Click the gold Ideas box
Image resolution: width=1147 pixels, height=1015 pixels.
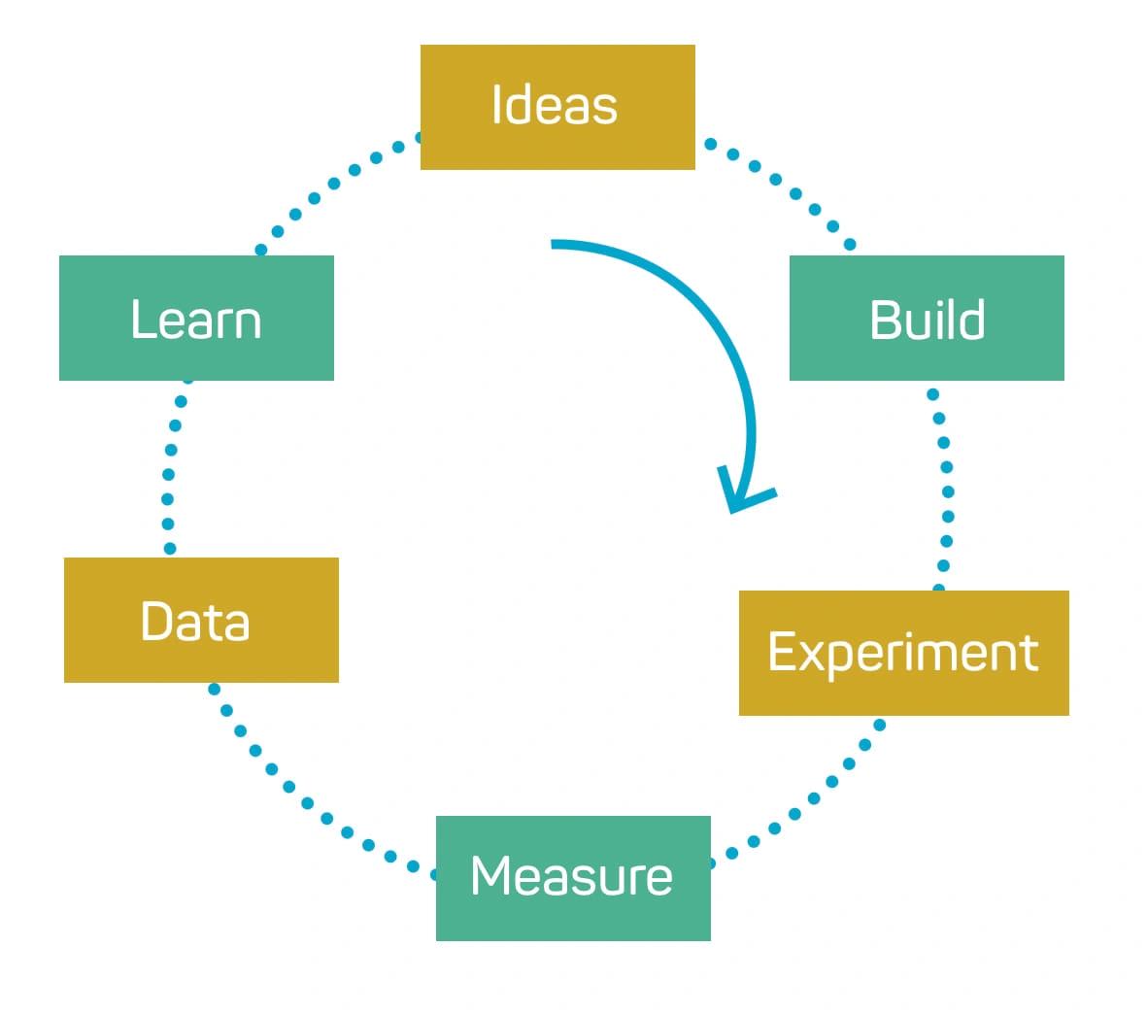coord(557,107)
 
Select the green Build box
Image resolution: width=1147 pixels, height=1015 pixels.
coord(927,318)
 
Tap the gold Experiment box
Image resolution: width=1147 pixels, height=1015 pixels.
coord(903,653)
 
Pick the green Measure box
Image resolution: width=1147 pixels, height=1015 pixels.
coord(573,878)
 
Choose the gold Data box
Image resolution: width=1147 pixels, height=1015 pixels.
coord(201,620)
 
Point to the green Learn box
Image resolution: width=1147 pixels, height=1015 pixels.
coord(196,318)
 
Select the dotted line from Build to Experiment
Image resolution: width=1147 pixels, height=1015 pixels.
coord(946,491)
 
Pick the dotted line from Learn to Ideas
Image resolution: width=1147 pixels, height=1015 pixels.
coord(333,183)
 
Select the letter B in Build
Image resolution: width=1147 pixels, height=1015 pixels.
coord(885,320)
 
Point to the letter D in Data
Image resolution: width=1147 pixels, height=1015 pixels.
coord(156,621)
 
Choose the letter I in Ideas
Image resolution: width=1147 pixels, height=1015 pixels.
coord(496,104)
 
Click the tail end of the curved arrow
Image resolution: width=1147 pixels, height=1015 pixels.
coord(554,244)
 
